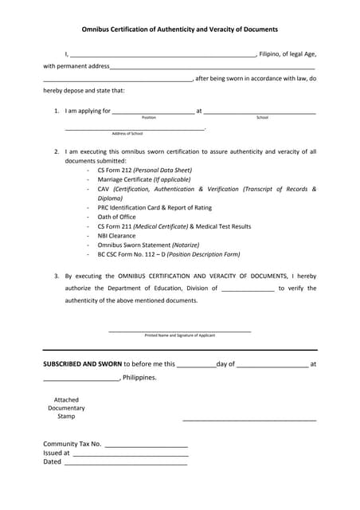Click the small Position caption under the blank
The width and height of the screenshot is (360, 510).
[x=149, y=118]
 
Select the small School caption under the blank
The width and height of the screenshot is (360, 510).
[x=262, y=118]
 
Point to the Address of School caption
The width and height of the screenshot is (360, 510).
[x=127, y=134]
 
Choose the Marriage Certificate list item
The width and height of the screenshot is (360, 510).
[x=144, y=179]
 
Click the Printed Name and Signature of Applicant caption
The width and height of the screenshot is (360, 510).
[x=179, y=335]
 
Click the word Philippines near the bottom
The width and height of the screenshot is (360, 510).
[x=139, y=378]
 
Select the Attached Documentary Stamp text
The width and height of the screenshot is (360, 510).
[x=65, y=408]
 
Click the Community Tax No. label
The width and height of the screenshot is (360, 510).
[x=72, y=444]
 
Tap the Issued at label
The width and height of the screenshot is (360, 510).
[x=57, y=453]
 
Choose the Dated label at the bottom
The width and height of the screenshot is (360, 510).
[x=52, y=461]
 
